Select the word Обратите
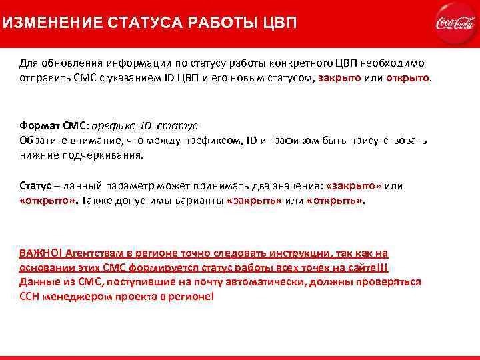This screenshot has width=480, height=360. click(x=43, y=141)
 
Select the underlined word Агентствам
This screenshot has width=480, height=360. click(x=94, y=253)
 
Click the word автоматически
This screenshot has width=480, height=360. click(x=272, y=281)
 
